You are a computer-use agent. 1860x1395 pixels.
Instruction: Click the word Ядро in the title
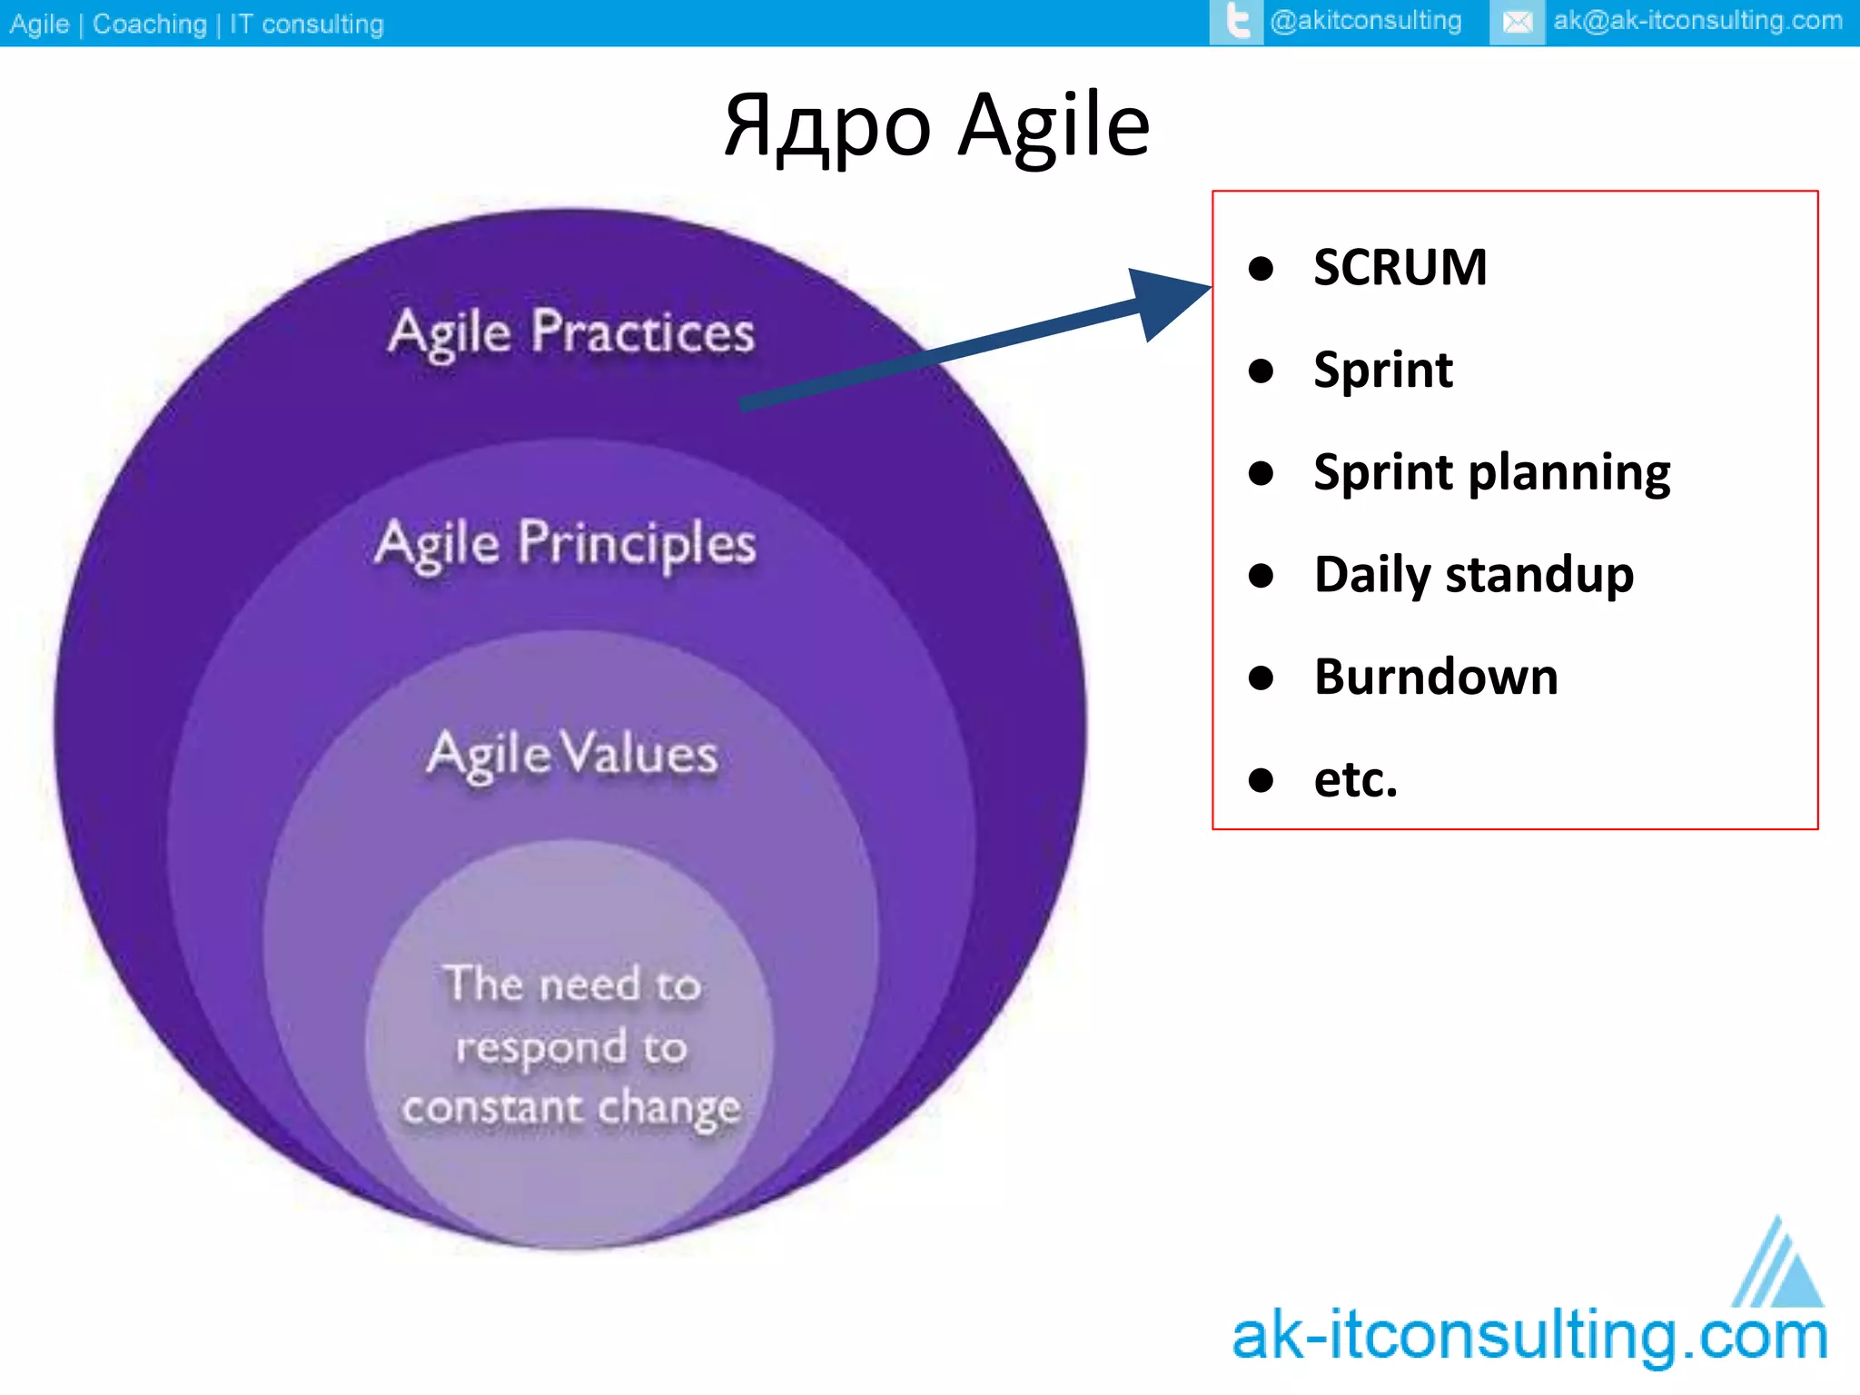(x=827, y=127)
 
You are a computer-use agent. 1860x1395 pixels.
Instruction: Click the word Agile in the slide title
(x=1054, y=127)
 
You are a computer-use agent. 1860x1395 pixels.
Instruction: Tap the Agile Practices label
(x=571, y=332)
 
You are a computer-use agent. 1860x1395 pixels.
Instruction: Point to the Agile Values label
(x=572, y=754)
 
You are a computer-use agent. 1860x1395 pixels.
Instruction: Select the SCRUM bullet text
(x=1400, y=268)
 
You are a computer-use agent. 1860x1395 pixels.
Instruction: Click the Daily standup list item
(x=1473, y=575)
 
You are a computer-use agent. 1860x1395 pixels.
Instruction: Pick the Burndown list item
(x=1435, y=678)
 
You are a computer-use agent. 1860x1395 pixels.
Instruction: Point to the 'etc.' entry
(x=1355, y=780)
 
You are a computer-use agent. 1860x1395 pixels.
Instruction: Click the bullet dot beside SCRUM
(x=1261, y=268)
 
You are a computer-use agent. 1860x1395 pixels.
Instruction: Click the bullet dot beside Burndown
(x=1261, y=678)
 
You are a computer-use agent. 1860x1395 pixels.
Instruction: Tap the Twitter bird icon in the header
(x=1236, y=22)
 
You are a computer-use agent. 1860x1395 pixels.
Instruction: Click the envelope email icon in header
(x=1517, y=22)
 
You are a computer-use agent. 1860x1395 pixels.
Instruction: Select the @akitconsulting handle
(x=1365, y=21)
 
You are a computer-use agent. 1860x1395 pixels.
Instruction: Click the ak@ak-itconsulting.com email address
(x=1697, y=21)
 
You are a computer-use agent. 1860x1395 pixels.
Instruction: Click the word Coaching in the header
(x=150, y=24)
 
